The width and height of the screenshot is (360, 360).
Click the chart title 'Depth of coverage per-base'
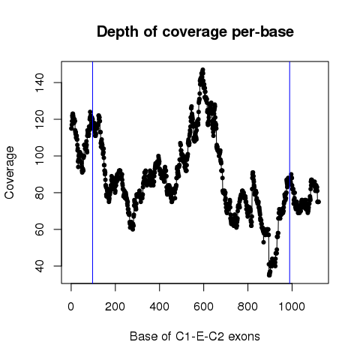click(x=195, y=32)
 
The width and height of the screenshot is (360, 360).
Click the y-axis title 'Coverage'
click(x=10, y=172)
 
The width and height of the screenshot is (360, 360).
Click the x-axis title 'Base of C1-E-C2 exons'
click(x=195, y=337)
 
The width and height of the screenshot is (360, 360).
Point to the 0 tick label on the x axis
click(x=71, y=307)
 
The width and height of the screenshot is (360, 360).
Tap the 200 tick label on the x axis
click(x=115, y=307)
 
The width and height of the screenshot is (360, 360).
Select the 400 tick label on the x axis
click(x=159, y=307)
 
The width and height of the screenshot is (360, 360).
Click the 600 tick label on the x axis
click(x=203, y=307)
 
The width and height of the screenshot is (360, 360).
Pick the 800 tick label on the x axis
click(x=247, y=307)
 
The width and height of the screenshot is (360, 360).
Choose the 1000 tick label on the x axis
click(x=292, y=307)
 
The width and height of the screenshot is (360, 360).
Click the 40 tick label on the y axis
click(x=40, y=266)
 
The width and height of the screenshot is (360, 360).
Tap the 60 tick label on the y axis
click(x=40, y=229)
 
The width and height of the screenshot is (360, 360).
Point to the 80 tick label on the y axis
click(x=40, y=193)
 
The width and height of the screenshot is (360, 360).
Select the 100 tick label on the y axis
click(x=40, y=156)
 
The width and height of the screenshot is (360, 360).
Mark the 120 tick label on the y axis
click(x=40, y=119)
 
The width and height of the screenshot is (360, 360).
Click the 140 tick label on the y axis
click(x=40, y=82)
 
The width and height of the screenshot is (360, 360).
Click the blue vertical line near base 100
click(x=93, y=172)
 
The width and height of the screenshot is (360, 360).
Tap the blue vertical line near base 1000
click(x=289, y=172)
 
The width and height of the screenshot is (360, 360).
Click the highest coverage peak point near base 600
click(x=202, y=70)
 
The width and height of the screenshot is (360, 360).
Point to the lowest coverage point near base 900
click(x=269, y=275)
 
